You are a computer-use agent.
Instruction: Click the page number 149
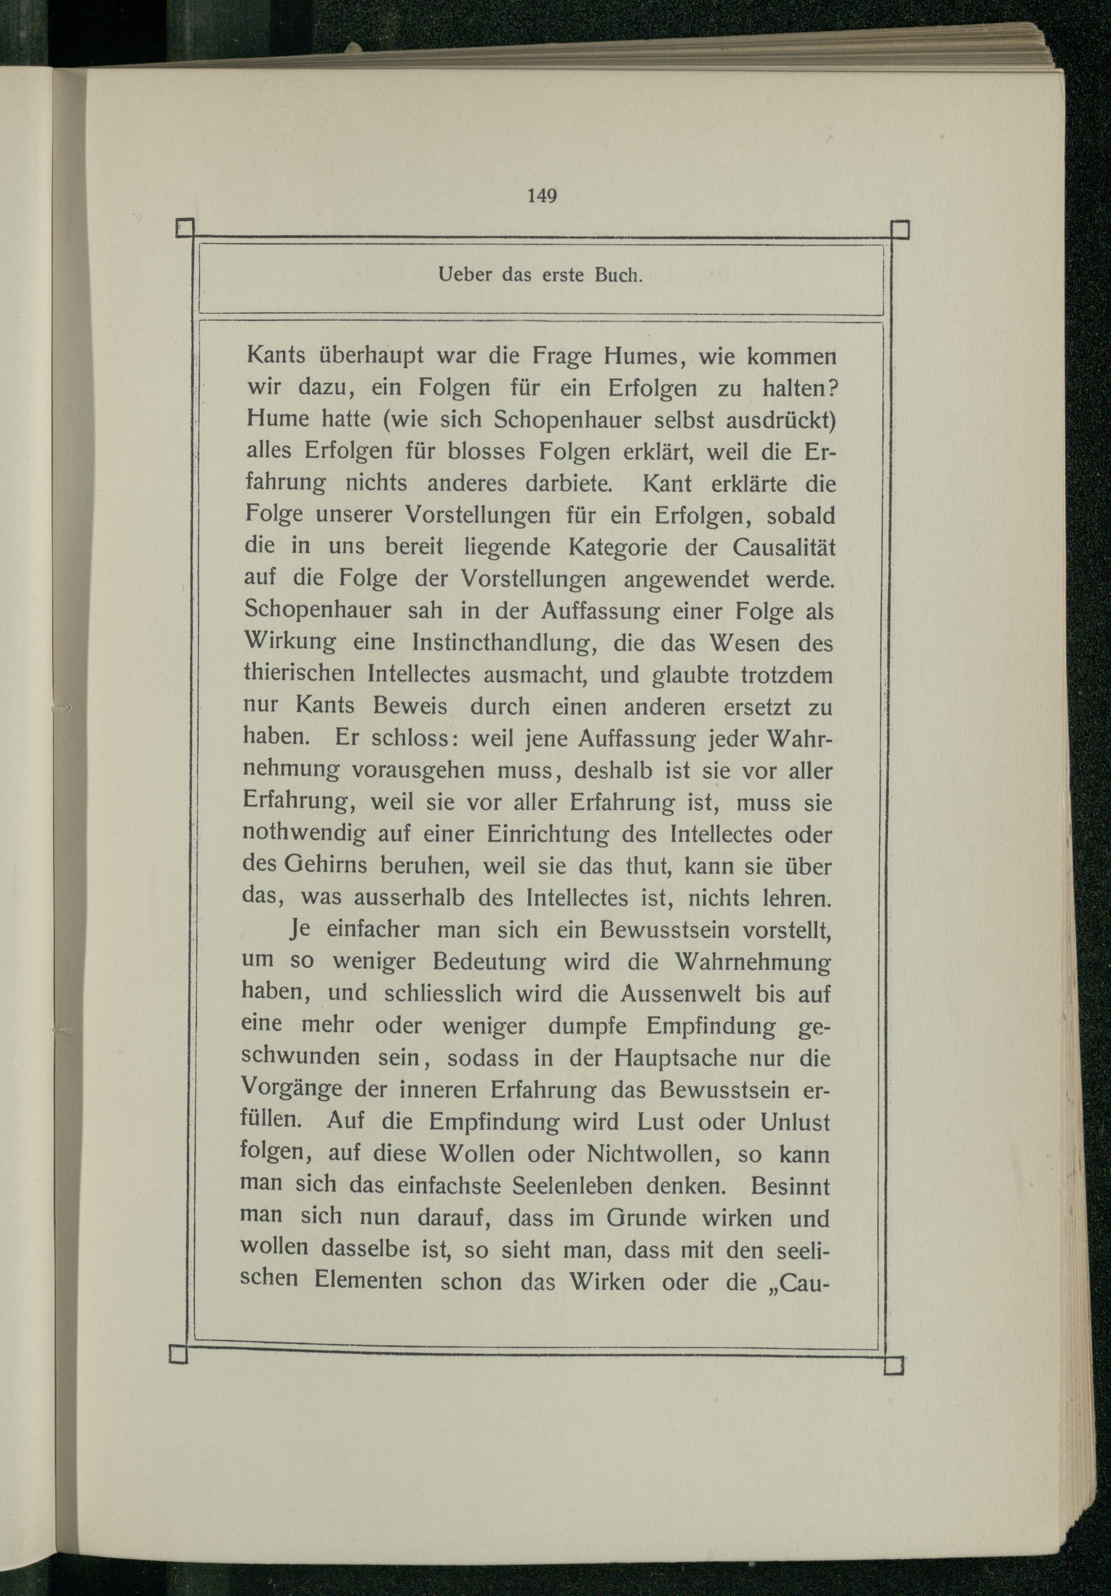(542, 196)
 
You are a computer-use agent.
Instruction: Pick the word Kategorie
(628, 547)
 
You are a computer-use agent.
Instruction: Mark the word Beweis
(409, 706)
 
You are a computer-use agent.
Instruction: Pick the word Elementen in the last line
(368, 1281)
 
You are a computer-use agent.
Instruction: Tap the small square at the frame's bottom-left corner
(179, 1354)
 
